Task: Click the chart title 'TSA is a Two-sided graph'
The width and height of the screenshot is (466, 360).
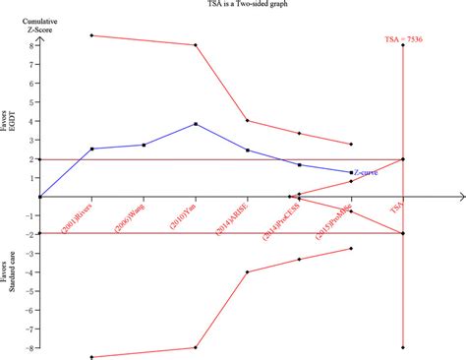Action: [232, 6]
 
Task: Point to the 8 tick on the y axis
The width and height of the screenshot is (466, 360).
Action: [31, 46]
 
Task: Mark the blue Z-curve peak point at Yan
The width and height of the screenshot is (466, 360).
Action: [196, 124]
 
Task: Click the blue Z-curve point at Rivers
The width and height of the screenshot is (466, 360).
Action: [91, 149]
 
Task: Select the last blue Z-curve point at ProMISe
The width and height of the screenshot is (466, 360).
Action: [351, 172]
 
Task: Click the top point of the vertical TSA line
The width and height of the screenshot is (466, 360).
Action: [403, 46]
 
